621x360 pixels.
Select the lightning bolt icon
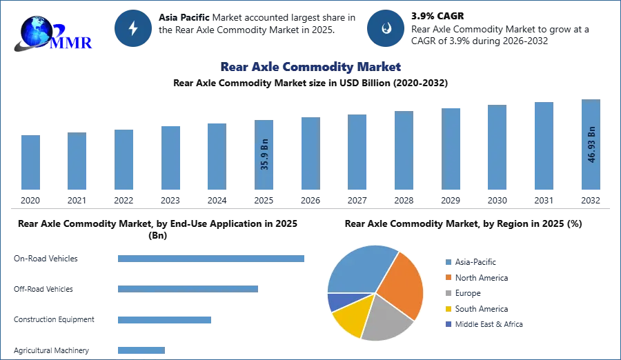(133, 28)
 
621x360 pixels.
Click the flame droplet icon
(386, 28)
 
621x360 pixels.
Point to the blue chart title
(310, 67)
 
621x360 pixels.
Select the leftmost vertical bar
(30, 163)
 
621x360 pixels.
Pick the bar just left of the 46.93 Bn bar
(543, 146)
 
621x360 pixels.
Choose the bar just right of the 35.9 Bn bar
(309, 154)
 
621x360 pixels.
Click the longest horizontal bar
(212, 259)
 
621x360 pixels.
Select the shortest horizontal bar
(141, 350)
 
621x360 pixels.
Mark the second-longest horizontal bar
(188, 287)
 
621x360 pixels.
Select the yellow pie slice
(349, 320)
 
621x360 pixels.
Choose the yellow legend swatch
(447, 308)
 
